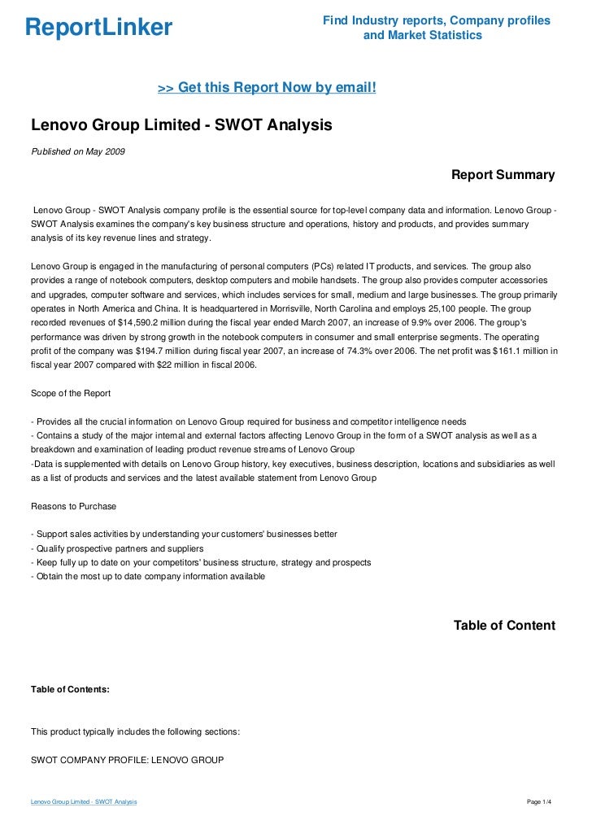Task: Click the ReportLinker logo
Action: coord(98,28)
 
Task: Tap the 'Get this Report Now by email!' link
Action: coord(267,87)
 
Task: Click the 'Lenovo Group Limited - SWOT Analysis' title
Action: coord(181,126)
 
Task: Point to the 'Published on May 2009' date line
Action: coord(78,152)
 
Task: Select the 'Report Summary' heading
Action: coord(503,175)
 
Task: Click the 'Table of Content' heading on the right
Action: coord(504,626)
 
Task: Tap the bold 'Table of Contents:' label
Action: coord(70,689)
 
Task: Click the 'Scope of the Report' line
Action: coord(71,394)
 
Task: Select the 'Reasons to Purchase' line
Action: coord(73,506)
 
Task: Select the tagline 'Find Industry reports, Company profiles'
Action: coord(436,20)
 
